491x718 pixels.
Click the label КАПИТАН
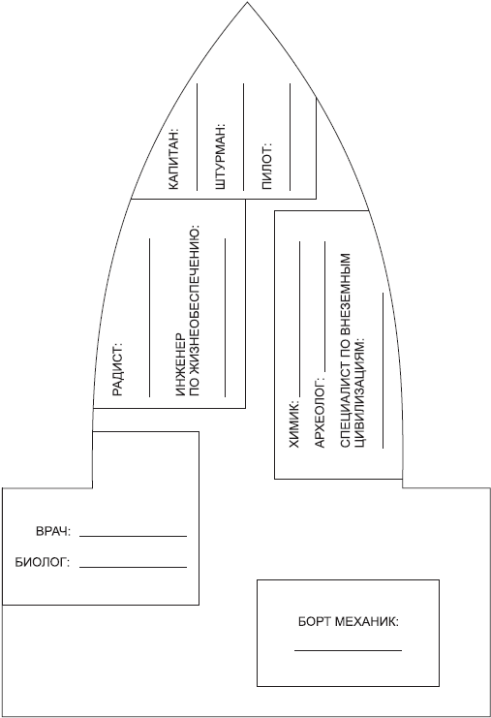click(x=174, y=160)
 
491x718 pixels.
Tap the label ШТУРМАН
click(x=220, y=157)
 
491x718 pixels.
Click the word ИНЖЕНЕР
click(x=180, y=365)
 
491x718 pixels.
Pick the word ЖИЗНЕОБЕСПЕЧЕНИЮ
click(x=195, y=311)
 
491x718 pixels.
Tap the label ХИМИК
click(x=293, y=424)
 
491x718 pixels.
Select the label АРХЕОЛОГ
click(x=319, y=413)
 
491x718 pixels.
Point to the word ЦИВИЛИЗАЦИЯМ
click(x=360, y=393)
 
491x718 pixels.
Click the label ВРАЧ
click(x=53, y=532)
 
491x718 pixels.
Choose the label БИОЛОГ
click(x=42, y=562)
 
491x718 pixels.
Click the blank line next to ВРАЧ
click(x=133, y=536)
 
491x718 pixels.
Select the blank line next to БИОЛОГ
click(x=133, y=567)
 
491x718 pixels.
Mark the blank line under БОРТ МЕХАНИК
click(x=349, y=650)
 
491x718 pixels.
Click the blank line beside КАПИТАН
click(x=198, y=137)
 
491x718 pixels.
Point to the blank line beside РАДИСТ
click(x=150, y=318)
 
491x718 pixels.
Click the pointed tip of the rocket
click(x=247, y=2)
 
